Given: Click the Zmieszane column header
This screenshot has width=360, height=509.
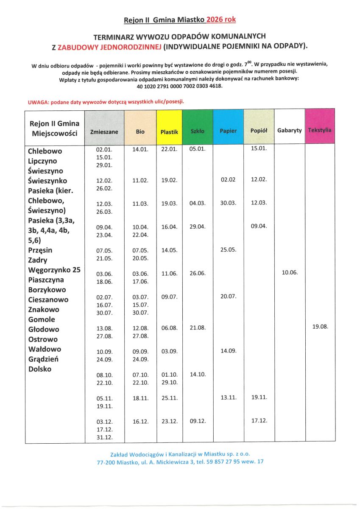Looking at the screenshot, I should click(x=104, y=132).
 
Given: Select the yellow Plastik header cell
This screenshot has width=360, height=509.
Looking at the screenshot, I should click(x=169, y=132).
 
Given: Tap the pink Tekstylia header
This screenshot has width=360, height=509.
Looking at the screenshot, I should click(x=320, y=130).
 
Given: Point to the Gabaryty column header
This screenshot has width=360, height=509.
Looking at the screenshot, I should click(x=289, y=130).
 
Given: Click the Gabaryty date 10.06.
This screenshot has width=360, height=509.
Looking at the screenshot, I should click(x=289, y=272).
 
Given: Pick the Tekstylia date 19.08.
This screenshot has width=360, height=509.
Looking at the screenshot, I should click(x=320, y=327).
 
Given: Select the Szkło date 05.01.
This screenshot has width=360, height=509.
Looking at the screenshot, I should click(x=197, y=149).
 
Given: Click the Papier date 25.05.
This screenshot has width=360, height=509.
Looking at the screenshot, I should click(x=228, y=250).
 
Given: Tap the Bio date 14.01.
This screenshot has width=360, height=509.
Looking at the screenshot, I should click(x=140, y=150).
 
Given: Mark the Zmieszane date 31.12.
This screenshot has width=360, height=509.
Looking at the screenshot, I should click(x=104, y=437).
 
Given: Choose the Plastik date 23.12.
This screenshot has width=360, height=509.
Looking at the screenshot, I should click(x=169, y=421).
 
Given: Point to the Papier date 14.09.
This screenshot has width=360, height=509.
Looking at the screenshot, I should click(x=228, y=351).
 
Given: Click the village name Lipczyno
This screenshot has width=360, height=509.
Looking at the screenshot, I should click(x=42, y=161).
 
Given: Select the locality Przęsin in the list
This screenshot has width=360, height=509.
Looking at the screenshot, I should click(x=40, y=250).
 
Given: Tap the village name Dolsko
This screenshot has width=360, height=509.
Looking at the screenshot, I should click(x=39, y=369).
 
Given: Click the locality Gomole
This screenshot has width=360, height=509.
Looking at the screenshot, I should click(x=42, y=319).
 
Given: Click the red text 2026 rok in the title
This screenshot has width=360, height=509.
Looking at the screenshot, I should click(x=221, y=20).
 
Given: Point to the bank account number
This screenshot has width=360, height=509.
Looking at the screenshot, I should click(x=179, y=86).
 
